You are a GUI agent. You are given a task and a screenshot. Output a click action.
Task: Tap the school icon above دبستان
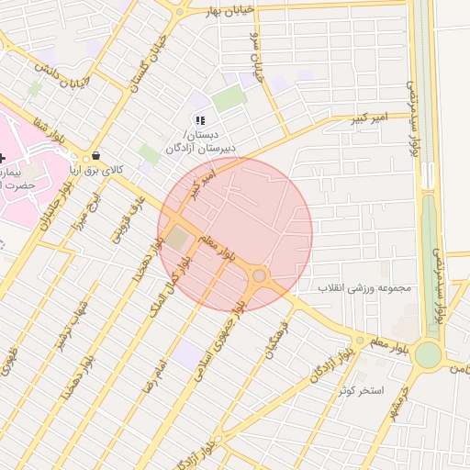[200, 120]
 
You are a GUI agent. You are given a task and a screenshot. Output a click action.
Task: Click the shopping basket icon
[95, 157]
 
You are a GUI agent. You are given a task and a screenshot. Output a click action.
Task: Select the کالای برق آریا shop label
[98, 170]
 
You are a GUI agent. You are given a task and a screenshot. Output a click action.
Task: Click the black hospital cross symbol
[3, 158]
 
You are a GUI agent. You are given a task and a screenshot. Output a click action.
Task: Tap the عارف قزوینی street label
[127, 218]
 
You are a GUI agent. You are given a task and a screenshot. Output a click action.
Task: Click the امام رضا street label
[153, 376]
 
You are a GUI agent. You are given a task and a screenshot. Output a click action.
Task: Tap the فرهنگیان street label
[278, 339]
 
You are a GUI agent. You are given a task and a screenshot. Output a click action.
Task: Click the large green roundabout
[428, 353]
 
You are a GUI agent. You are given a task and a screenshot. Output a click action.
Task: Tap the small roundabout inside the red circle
[260, 275]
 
